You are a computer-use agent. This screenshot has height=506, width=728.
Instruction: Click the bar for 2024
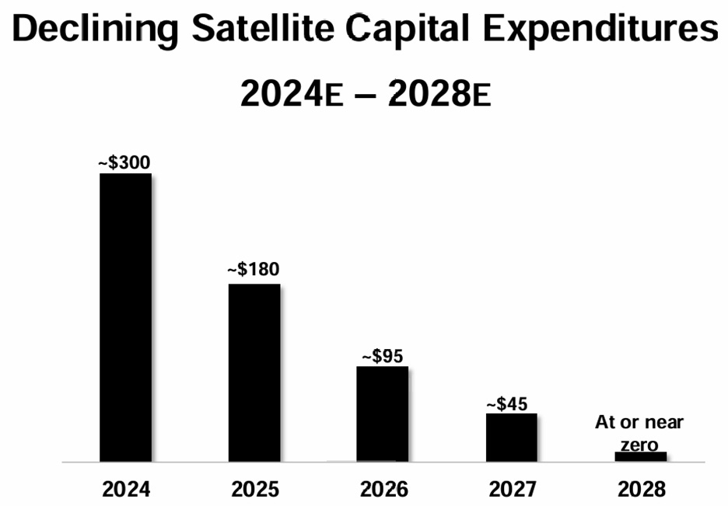[x=125, y=317]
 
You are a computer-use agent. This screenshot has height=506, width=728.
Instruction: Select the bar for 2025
[x=254, y=372]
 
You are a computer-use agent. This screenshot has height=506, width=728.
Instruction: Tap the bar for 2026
[x=383, y=414]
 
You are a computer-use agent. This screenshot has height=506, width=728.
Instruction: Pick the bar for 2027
[x=512, y=438]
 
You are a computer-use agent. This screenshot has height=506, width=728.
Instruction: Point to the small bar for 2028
[x=641, y=456]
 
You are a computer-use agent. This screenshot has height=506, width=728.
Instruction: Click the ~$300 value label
[x=124, y=162]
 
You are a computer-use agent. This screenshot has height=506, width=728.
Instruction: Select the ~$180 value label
[x=254, y=269]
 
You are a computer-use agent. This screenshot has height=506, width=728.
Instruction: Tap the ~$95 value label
[x=383, y=356]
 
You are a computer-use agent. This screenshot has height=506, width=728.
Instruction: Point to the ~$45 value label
[x=507, y=404]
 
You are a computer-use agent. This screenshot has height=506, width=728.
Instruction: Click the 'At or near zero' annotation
[x=639, y=433]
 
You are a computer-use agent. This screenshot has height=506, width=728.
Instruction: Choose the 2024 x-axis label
[x=126, y=490]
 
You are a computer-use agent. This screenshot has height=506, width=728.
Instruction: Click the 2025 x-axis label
[x=255, y=490]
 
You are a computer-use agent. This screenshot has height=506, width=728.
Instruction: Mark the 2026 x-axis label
[x=384, y=490]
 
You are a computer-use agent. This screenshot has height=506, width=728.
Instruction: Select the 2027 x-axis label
[x=513, y=490]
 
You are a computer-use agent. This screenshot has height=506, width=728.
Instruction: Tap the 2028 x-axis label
[x=642, y=490]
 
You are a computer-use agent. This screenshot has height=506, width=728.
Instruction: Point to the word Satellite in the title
[x=263, y=28]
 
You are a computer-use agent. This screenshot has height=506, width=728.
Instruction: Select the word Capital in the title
[x=408, y=30]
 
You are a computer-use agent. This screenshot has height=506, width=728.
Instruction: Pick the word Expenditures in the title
[x=600, y=30]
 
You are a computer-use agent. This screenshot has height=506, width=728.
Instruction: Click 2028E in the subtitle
[x=439, y=93]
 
